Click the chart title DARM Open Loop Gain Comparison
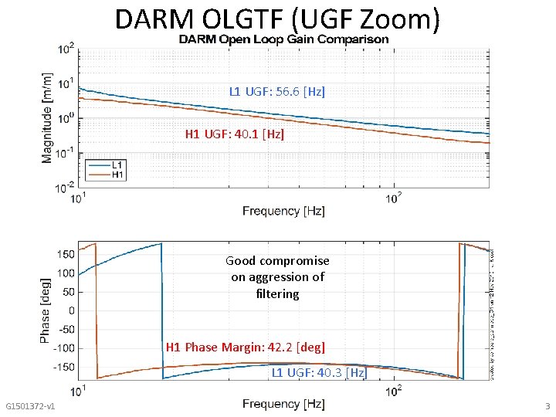(x=283, y=39)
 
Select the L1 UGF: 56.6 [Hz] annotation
(x=277, y=91)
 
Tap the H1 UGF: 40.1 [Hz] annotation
(x=235, y=134)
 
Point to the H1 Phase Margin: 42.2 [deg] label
(x=246, y=347)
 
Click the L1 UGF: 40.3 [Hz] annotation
(x=319, y=372)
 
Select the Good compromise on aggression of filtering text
(x=277, y=277)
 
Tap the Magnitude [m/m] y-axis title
(x=47, y=107)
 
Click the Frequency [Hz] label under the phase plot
(x=283, y=404)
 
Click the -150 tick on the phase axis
(x=64, y=367)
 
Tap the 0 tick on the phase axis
(x=71, y=310)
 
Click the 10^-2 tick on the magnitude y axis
(x=66, y=187)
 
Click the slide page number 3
(x=547, y=406)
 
